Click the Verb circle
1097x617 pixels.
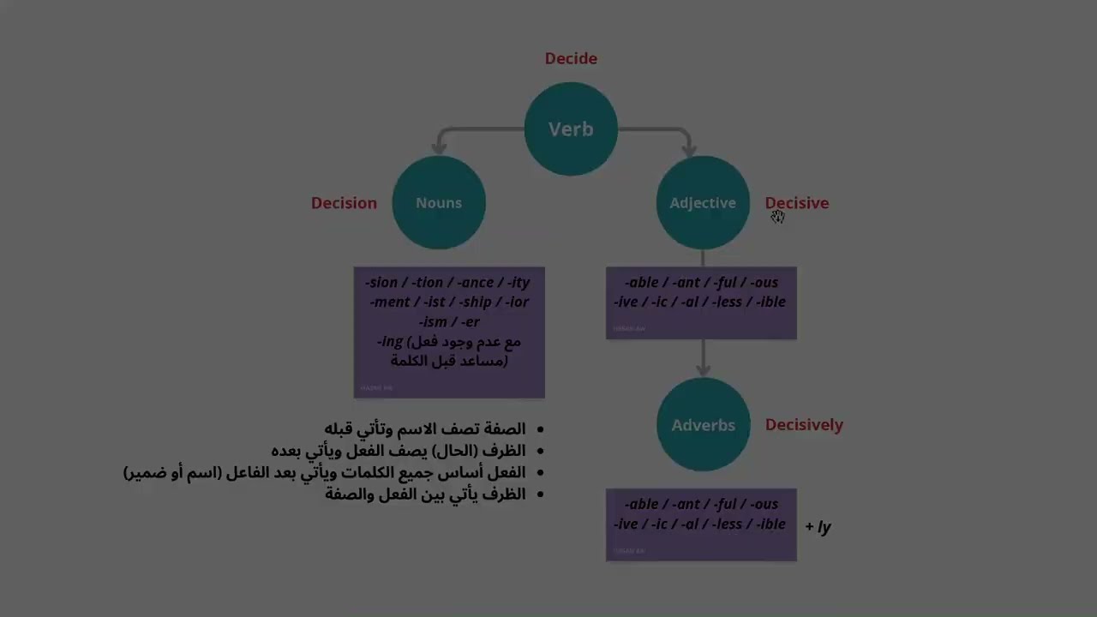(x=571, y=129)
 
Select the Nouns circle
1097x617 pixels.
(x=439, y=202)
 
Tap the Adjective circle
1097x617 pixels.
(x=703, y=202)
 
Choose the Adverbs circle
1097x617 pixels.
(x=703, y=425)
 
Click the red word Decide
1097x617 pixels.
(x=571, y=58)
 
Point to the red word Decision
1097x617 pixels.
(x=344, y=203)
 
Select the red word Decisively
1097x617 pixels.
(x=804, y=424)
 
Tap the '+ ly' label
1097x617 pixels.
(x=818, y=526)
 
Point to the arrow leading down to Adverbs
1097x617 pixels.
(x=703, y=358)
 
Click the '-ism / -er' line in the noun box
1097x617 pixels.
(x=449, y=321)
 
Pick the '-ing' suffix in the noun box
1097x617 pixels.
(x=391, y=341)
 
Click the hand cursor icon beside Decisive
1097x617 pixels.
(x=776, y=217)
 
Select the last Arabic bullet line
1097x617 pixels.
(x=425, y=494)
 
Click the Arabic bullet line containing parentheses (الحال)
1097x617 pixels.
(x=399, y=450)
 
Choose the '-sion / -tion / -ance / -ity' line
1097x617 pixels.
(x=447, y=282)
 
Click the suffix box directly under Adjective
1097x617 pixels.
(x=701, y=302)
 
